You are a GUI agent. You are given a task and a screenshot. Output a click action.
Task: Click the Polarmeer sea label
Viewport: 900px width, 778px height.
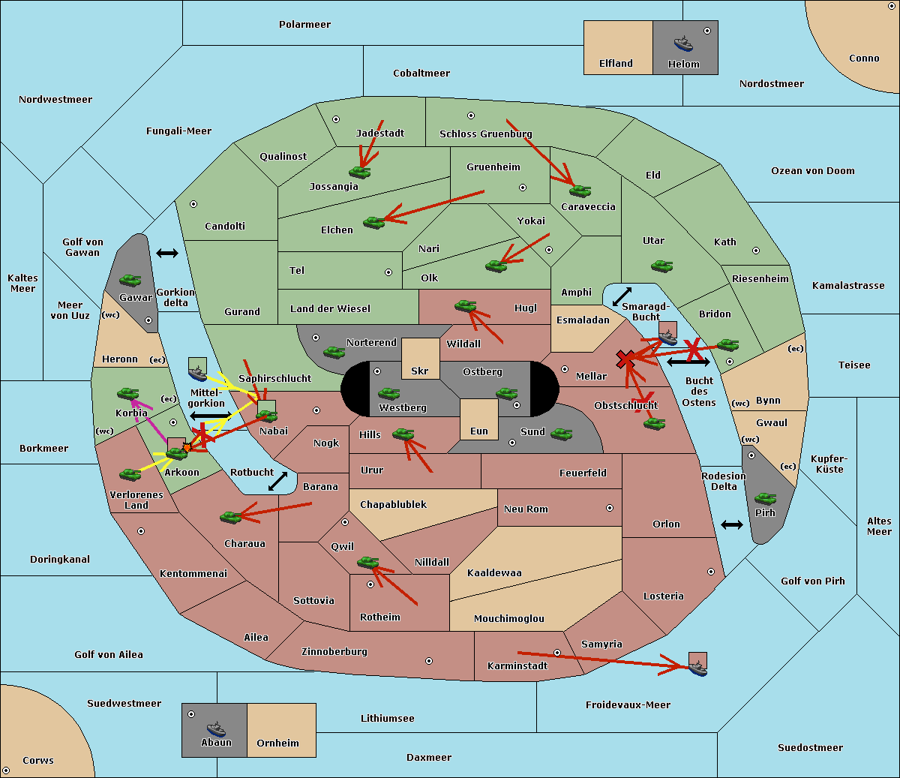pyautogui.click(x=304, y=25)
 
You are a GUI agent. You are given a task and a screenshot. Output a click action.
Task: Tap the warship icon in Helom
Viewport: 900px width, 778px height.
pyautogui.click(x=682, y=44)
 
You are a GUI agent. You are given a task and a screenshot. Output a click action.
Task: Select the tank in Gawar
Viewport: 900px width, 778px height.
pyautogui.click(x=130, y=280)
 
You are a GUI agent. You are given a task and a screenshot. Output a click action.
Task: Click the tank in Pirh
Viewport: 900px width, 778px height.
pyautogui.click(x=765, y=499)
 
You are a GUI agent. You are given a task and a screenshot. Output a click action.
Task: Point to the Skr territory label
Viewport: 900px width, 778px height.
pyautogui.click(x=420, y=371)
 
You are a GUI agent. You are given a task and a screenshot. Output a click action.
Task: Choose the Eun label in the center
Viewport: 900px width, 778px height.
pyautogui.click(x=479, y=431)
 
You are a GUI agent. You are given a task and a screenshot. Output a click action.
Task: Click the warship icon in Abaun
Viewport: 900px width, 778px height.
pyautogui.click(x=216, y=728)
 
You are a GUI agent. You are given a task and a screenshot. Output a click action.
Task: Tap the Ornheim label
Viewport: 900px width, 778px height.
pyautogui.click(x=277, y=743)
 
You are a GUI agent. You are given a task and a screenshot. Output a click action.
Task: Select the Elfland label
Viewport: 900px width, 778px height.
pyautogui.click(x=616, y=63)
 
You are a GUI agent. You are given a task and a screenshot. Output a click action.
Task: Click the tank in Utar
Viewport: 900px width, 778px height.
pyautogui.click(x=661, y=266)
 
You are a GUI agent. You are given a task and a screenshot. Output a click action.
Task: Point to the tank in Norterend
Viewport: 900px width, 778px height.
pyautogui.click(x=334, y=352)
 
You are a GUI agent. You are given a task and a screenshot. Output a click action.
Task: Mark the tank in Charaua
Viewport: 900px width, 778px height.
pyautogui.click(x=230, y=517)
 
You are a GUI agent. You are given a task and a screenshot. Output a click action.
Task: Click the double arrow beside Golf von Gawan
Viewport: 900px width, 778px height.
pyautogui.click(x=166, y=254)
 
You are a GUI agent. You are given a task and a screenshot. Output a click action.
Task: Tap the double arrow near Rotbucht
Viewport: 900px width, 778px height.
pyautogui.click(x=277, y=482)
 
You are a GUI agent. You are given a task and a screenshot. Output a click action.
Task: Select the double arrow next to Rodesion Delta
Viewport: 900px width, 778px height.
pyautogui.click(x=731, y=524)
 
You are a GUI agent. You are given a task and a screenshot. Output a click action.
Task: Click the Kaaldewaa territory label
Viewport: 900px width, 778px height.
pyautogui.click(x=494, y=572)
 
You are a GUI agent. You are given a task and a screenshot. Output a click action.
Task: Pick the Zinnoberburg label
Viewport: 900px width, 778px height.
pyautogui.click(x=334, y=651)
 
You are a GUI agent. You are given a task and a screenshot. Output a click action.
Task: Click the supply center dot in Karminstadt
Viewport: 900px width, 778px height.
pyautogui.click(x=557, y=653)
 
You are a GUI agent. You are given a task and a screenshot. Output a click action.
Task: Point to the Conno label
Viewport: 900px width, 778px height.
pyautogui.click(x=864, y=58)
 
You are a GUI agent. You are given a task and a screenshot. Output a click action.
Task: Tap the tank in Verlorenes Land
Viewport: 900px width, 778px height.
pyautogui.click(x=130, y=474)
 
